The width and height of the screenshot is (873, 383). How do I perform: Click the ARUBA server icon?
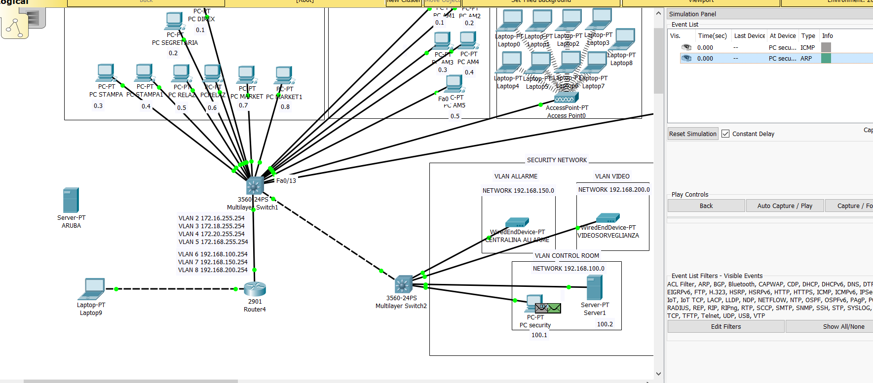point(71,200)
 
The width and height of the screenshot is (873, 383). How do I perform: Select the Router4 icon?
point(255,289)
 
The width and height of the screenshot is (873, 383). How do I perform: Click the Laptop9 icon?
point(92,289)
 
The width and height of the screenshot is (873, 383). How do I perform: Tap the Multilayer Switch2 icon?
point(403,284)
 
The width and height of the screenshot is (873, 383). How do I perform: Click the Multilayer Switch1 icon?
point(255,186)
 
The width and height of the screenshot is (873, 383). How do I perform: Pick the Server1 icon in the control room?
point(594,287)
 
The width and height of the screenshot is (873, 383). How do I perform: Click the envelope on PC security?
point(548,309)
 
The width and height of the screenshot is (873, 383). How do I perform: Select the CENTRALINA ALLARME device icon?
point(517,222)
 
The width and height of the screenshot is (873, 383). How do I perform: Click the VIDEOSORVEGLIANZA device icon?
point(607,218)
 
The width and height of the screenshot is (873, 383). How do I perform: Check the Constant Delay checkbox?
point(725,134)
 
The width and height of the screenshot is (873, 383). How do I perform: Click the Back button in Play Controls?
point(706,206)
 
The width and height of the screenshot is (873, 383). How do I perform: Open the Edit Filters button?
point(725,326)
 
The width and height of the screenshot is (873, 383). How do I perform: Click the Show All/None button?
point(843,326)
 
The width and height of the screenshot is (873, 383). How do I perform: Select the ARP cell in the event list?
point(806,58)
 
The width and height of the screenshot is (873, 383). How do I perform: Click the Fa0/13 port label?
point(286,180)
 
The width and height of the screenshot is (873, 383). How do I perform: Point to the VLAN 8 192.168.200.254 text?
point(213,270)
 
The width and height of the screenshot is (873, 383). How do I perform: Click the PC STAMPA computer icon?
point(106,72)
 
